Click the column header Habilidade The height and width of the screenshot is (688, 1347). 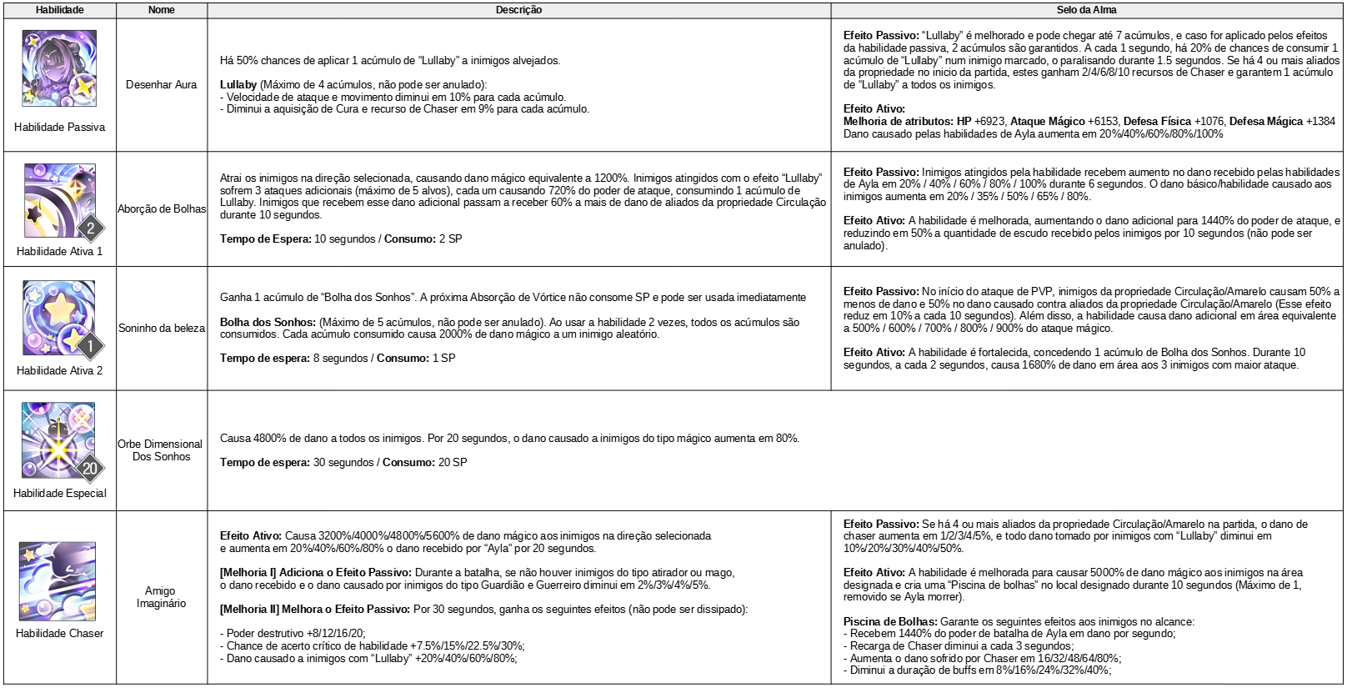pos(59,10)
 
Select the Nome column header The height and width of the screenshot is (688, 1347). pos(161,10)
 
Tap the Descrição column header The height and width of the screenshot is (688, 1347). pos(518,10)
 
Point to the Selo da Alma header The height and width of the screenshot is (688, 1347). pos(1086,10)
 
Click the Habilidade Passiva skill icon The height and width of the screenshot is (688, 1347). pos(59,68)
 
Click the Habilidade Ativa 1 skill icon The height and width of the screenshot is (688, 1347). pos(59,200)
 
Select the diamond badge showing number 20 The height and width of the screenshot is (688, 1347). pos(90,468)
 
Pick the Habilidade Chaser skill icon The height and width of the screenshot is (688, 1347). pos(58,581)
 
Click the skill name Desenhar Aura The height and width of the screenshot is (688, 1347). pos(161,85)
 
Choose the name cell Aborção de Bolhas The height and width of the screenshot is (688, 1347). pos(162,209)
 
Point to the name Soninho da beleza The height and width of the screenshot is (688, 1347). pos(162,329)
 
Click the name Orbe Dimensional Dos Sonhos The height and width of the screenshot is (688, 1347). pos(161,450)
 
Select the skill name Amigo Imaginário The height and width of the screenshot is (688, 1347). pos(161,597)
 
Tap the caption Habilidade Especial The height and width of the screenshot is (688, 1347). pos(60,494)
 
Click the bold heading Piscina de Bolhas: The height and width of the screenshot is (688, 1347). pos(890,621)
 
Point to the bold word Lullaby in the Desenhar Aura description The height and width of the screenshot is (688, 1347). pos(238,85)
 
